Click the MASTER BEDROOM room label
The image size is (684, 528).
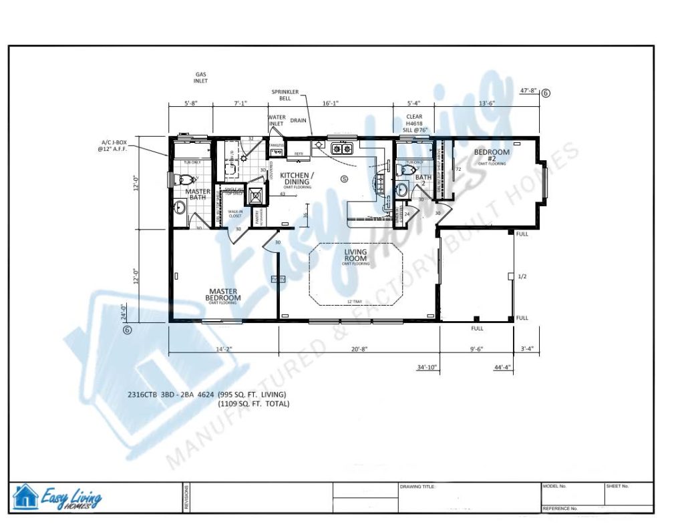pyautogui.click(x=224, y=294)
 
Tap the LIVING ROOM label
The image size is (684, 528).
pyautogui.click(x=356, y=254)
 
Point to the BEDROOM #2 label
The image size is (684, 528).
pyautogui.click(x=491, y=155)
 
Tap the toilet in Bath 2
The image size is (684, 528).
pyautogui.click(x=402, y=171)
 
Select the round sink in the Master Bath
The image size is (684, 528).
pyautogui.click(x=179, y=208)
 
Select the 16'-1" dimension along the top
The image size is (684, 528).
pyautogui.click(x=331, y=103)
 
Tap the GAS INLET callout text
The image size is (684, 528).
pyautogui.click(x=201, y=77)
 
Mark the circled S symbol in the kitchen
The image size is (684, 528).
pyautogui.click(x=345, y=178)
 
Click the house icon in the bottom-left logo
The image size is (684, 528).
pyautogui.click(x=25, y=497)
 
